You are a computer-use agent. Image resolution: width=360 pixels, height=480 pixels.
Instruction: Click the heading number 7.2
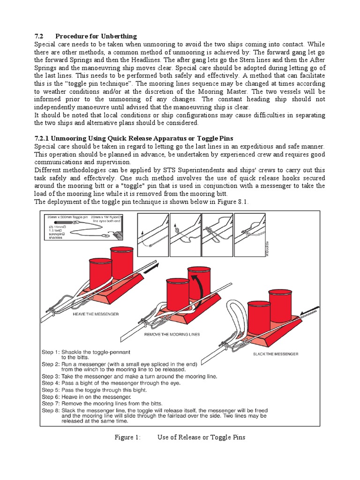(x=39, y=37)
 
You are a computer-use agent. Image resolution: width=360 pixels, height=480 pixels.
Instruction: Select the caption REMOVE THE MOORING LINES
(x=172, y=334)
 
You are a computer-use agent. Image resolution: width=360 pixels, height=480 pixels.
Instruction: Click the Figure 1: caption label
(x=127, y=437)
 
